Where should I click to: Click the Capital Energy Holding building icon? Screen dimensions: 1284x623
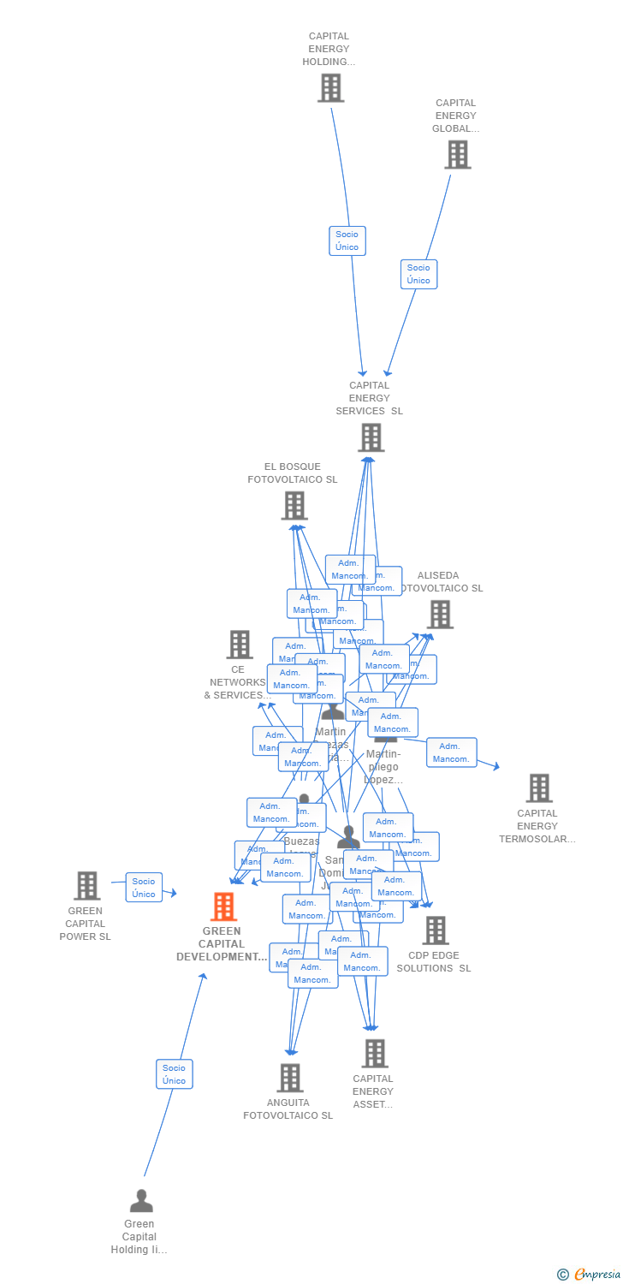click(330, 88)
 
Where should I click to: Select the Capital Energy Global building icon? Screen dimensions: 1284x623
click(457, 155)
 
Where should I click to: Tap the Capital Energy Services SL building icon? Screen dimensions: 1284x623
click(371, 437)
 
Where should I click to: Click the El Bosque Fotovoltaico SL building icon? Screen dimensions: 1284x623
click(294, 506)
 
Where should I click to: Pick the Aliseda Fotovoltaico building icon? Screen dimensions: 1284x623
click(440, 615)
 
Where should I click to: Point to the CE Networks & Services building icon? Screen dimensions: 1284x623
click(239, 645)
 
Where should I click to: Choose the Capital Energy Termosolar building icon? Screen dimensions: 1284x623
click(538, 788)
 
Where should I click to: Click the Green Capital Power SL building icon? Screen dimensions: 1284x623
click(86, 886)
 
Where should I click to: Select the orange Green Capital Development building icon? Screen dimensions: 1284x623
click(223, 907)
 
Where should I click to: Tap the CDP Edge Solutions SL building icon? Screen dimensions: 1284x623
click(435, 930)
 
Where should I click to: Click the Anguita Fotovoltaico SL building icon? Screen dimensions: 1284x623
click(289, 1078)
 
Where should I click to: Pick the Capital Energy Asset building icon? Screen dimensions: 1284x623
click(374, 1054)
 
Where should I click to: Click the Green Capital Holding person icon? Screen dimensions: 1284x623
click(141, 1201)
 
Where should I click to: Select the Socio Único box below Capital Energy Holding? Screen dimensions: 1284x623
click(347, 241)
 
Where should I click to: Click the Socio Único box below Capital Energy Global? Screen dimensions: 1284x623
click(418, 274)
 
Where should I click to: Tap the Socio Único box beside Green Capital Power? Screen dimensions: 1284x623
click(144, 888)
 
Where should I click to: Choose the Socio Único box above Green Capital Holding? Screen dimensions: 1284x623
click(175, 1073)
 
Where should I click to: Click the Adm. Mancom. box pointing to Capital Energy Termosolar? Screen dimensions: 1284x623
click(451, 752)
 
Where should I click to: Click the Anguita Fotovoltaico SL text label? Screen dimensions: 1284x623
click(288, 1109)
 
